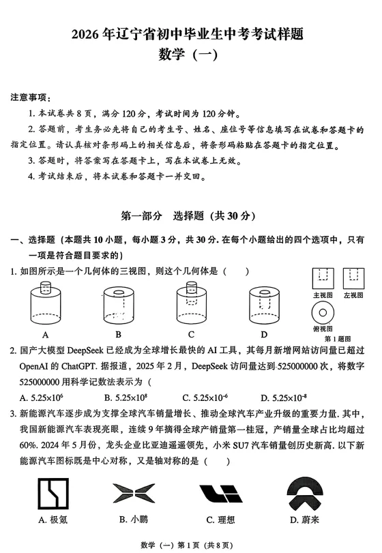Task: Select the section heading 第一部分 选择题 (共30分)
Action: [188, 216]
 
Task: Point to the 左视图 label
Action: [353, 295]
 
